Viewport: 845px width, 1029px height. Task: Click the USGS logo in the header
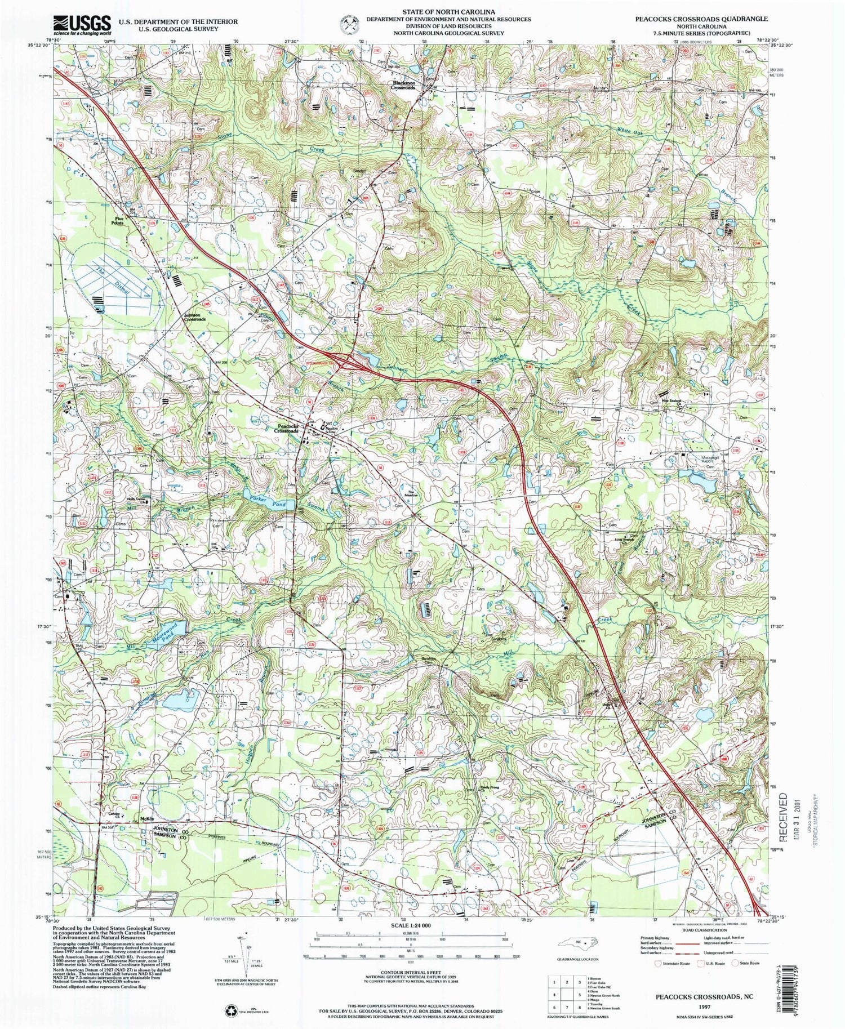(x=82, y=23)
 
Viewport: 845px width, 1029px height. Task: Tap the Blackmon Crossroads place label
(x=404, y=86)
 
